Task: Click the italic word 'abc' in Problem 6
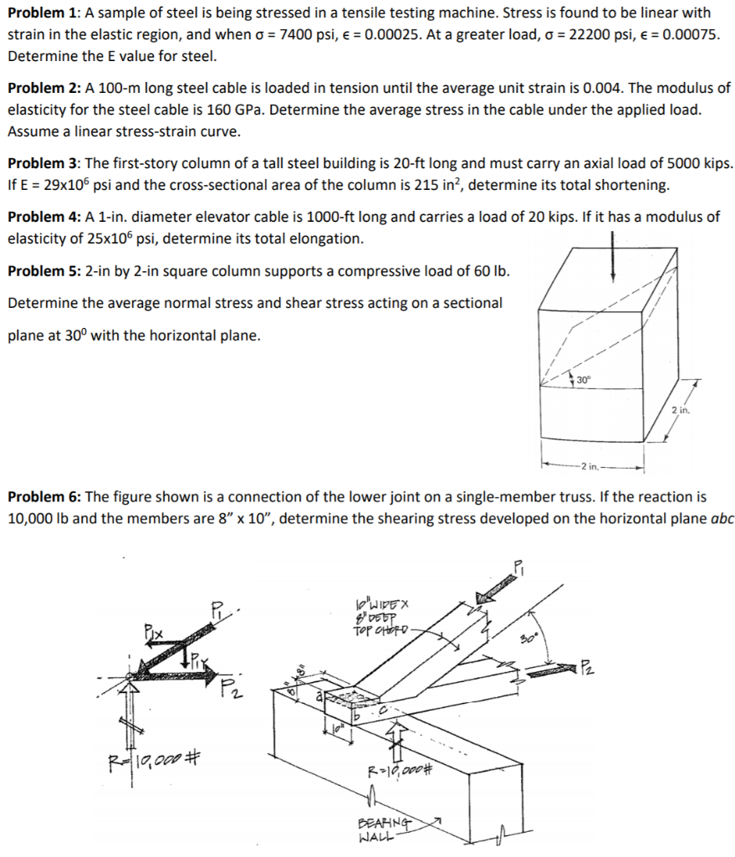(722, 518)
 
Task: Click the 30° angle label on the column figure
(583, 380)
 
